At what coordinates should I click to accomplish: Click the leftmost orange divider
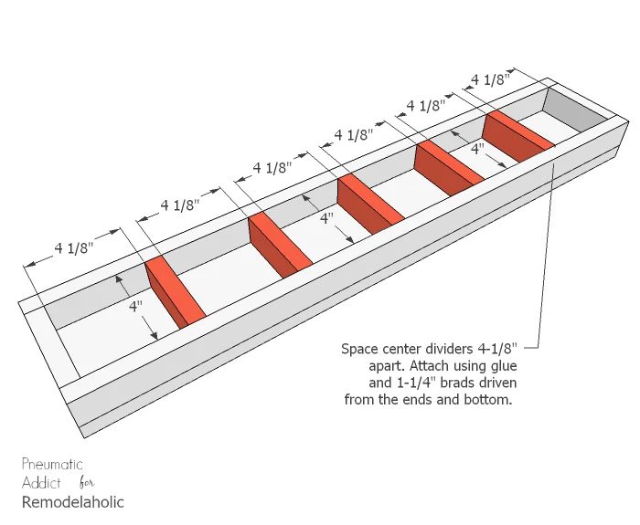pos(176,292)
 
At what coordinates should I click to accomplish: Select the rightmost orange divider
pos(518,136)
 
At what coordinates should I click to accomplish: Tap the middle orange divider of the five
pos(370,204)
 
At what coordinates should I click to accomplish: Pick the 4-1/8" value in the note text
pos(496,349)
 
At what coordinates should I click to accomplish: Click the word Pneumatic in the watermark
pos(52,464)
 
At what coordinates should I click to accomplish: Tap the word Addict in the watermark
pos(41,483)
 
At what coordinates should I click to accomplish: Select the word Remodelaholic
pos(72,502)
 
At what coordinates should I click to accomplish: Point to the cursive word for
pos(87,483)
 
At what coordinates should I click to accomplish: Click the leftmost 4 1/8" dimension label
pos(74,247)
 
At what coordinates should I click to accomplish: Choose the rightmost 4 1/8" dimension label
pos(491,79)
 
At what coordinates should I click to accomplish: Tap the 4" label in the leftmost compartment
pos(135,306)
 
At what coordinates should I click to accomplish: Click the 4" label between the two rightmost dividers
pos(477,149)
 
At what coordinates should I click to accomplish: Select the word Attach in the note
pos(427,366)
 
